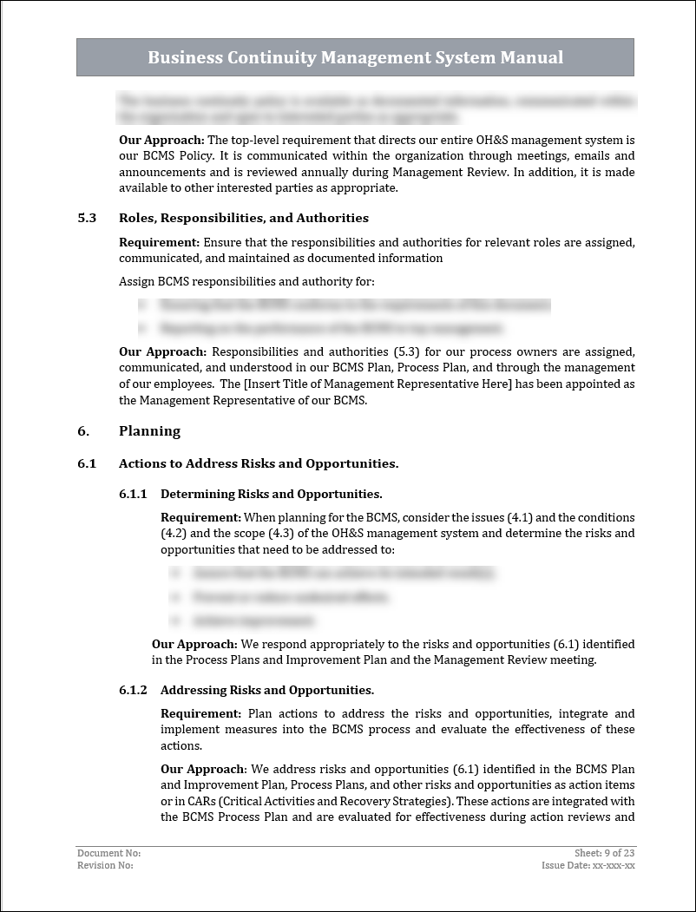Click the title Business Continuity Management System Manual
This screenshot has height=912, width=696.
point(355,58)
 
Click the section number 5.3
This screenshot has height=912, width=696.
point(87,218)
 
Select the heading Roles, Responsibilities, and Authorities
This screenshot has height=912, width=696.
point(244,218)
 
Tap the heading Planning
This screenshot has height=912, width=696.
point(149,431)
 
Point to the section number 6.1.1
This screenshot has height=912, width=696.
point(133,495)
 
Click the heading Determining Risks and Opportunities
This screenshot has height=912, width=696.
point(271,495)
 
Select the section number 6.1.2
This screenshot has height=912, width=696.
point(133,691)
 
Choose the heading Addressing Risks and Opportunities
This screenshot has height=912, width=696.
point(266,691)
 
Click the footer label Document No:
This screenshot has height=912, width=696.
point(108,853)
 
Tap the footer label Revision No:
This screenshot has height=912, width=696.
point(105,865)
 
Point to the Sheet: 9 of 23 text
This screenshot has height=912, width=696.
point(604,853)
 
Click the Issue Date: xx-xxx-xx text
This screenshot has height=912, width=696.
point(588,865)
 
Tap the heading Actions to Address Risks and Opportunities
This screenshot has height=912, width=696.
point(259,464)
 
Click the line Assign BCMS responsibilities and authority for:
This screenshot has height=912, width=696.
point(246,281)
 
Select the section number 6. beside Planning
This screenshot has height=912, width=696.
point(83,431)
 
